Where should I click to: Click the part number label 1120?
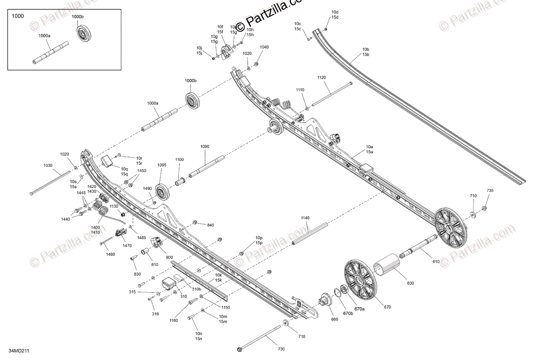(322, 77)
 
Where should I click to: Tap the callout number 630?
(411, 283)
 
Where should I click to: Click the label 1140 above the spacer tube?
(305, 218)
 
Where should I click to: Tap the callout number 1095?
(162, 164)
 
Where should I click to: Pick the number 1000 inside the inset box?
(18, 16)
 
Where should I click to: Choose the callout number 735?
(490, 191)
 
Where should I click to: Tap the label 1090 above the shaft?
(205, 147)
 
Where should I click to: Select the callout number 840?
(211, 225)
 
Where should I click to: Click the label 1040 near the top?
(264, 47)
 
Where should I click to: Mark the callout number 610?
(436, 262)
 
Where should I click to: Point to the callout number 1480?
(110, 254)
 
